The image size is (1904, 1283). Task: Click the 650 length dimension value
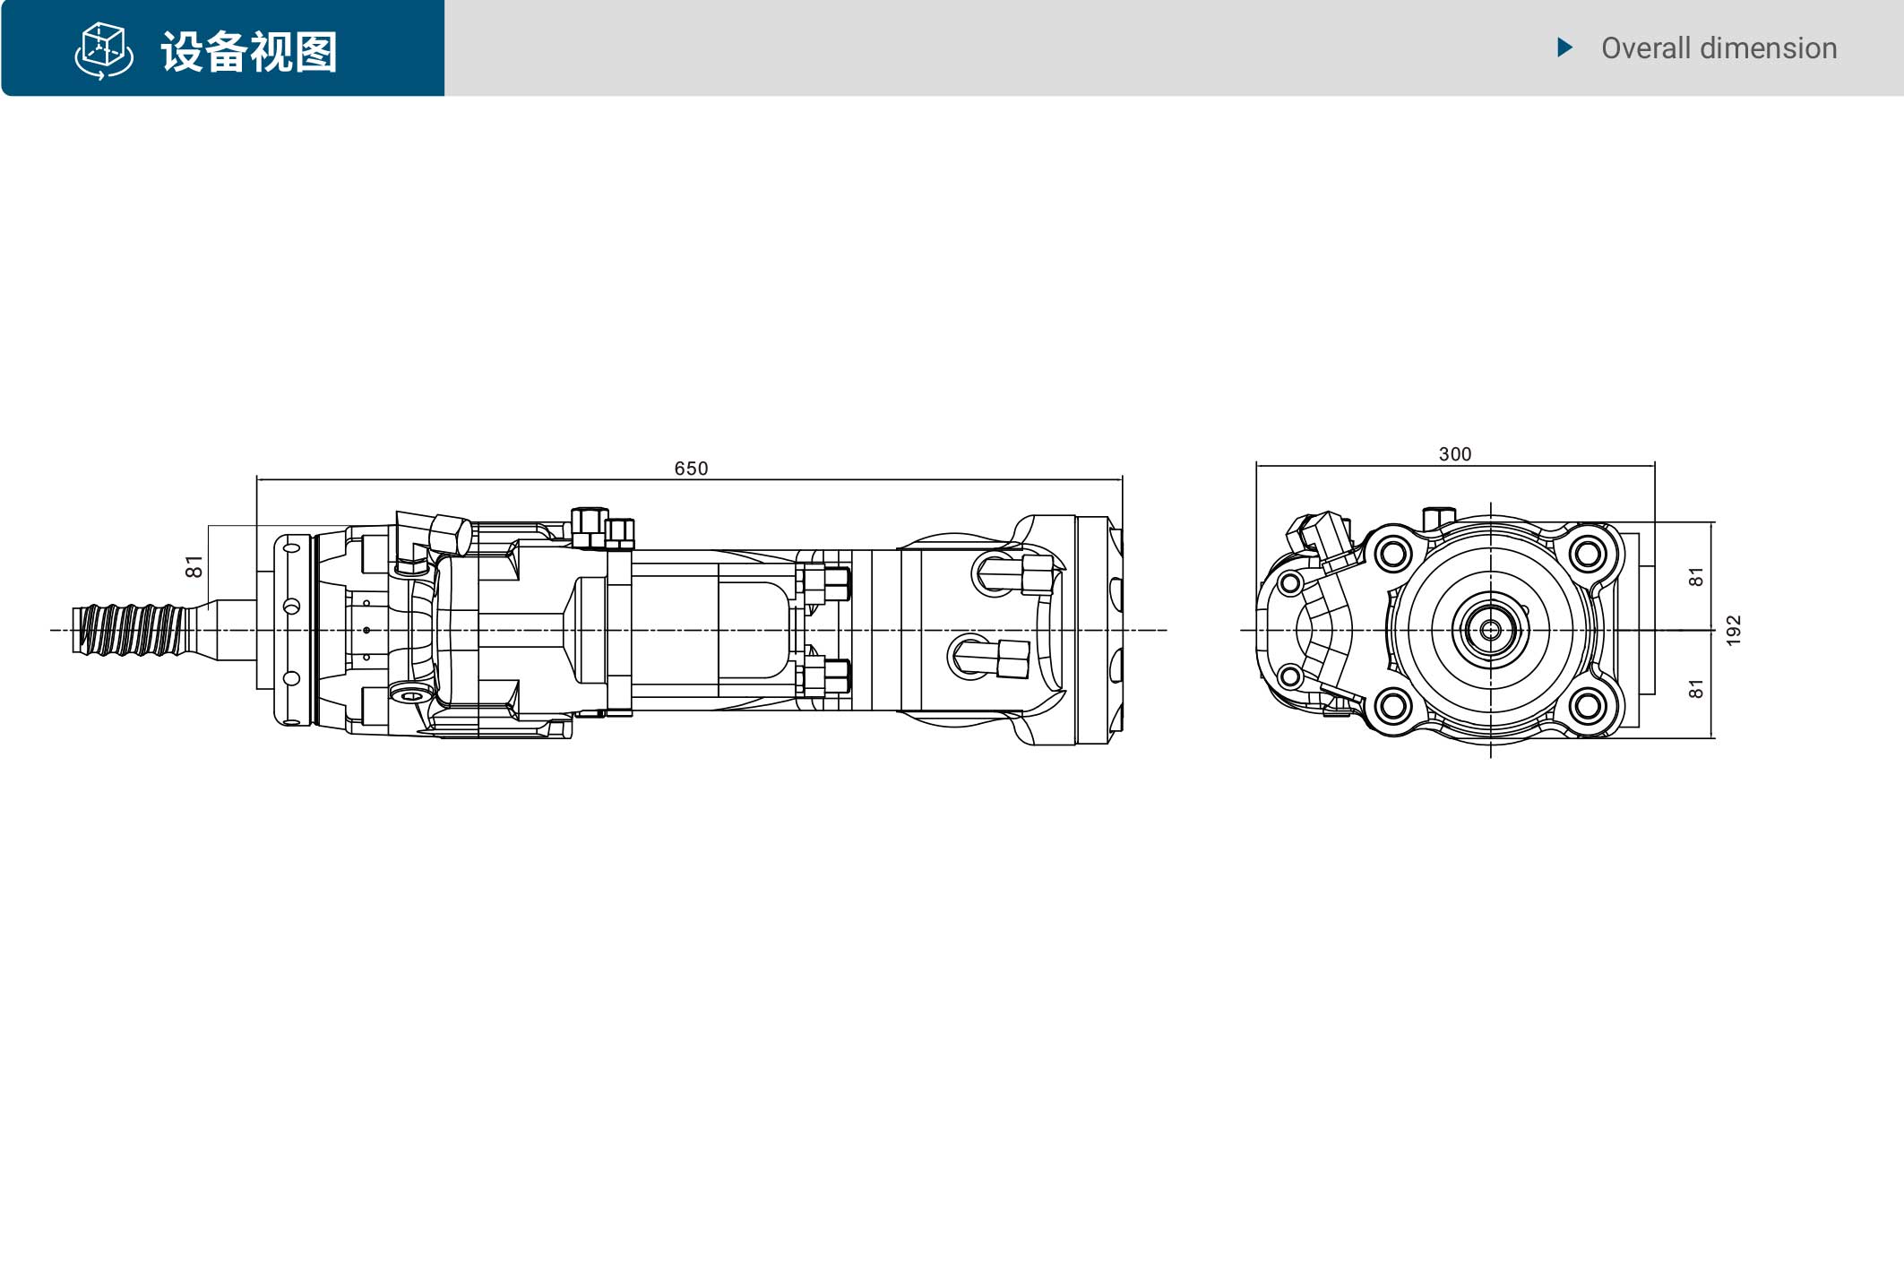pyautogui.click(x=691, y=469)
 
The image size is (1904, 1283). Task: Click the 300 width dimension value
pyautogui.click(x=1455, y=454)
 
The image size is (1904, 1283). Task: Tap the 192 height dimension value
pyautogui.click(x=1734, y=630)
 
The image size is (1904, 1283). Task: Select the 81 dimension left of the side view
pyautogui.click(x=194, y=567)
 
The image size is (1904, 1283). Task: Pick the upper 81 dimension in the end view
pyautogui.click(x=1696, y=577)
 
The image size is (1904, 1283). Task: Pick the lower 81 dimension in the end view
pyautogui.click(x=1696, y=688)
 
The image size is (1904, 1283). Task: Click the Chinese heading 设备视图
pyautogui.click(x=249, y=52)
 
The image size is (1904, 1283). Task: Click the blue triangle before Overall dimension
pyautogui.click(x=1565, y=47)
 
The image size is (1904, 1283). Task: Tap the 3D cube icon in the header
pyautogui.click(x=104, y=51)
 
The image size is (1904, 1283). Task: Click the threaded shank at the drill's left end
pyautogui.click(x=130, y=630)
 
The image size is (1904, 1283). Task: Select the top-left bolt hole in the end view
pyautogui.click(x=1393, y=554)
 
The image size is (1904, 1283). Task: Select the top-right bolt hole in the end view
pyautogui.click(x=1588, y=554)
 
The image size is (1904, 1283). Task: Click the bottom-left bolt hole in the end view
pyautogui.click(x=1393, y=707)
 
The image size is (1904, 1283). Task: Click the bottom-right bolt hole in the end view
pyautogui.click(x=1588, y=707)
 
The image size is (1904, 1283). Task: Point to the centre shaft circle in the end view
pyautogui.click(x=1491, y=630)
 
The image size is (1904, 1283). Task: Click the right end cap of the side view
pyautogui.click(x=1098, y=630)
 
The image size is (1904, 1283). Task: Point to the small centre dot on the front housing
pyautogui.click(x=366, y=631)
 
